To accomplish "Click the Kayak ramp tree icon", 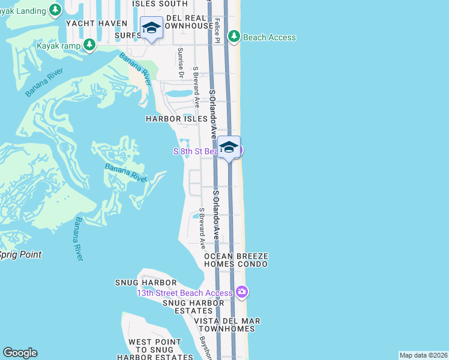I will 89,44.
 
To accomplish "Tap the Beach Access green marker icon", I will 235,37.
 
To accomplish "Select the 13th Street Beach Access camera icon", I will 241,292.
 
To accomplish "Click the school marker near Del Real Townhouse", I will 151,28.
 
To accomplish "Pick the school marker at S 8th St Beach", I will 229,147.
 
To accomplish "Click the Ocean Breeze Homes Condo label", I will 235,260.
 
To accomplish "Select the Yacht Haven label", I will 97,23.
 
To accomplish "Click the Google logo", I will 20,353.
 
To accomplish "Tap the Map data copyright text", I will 423,355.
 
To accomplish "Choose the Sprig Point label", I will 20,254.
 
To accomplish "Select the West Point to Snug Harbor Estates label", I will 155,350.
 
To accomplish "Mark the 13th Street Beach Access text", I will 184,293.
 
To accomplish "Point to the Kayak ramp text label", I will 58,45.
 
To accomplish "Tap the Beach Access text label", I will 270,37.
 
